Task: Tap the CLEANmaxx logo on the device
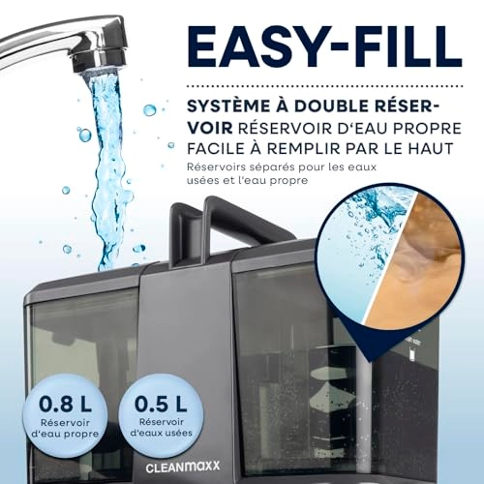pyautogui.click(x=183, y=467)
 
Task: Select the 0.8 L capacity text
pyautogui.click(x=65, y=404)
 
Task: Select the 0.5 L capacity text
pyautogui.click(x=161, y=404)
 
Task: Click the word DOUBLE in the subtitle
pyautogui.click(x=328, y=106)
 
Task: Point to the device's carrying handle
pyautogui.click(x=220, y=223)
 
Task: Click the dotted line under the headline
pyautogui.click(x=325, y=86)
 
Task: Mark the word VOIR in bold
pyautogui.click(x=210, y=129)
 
